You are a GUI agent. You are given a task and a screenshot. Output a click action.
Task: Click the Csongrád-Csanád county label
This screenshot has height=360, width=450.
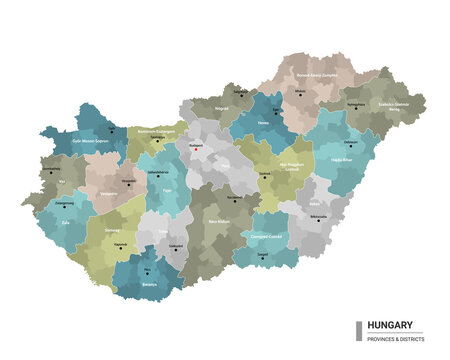click(x=269, y=236)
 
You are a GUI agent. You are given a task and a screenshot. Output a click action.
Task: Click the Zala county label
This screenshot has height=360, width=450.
click(x=65, y=223)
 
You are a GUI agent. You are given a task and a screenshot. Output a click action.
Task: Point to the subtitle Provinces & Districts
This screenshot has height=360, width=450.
click(x=396, y=338)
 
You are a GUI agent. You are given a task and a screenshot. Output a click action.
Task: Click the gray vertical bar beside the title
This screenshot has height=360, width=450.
click(x=359, y=330)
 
